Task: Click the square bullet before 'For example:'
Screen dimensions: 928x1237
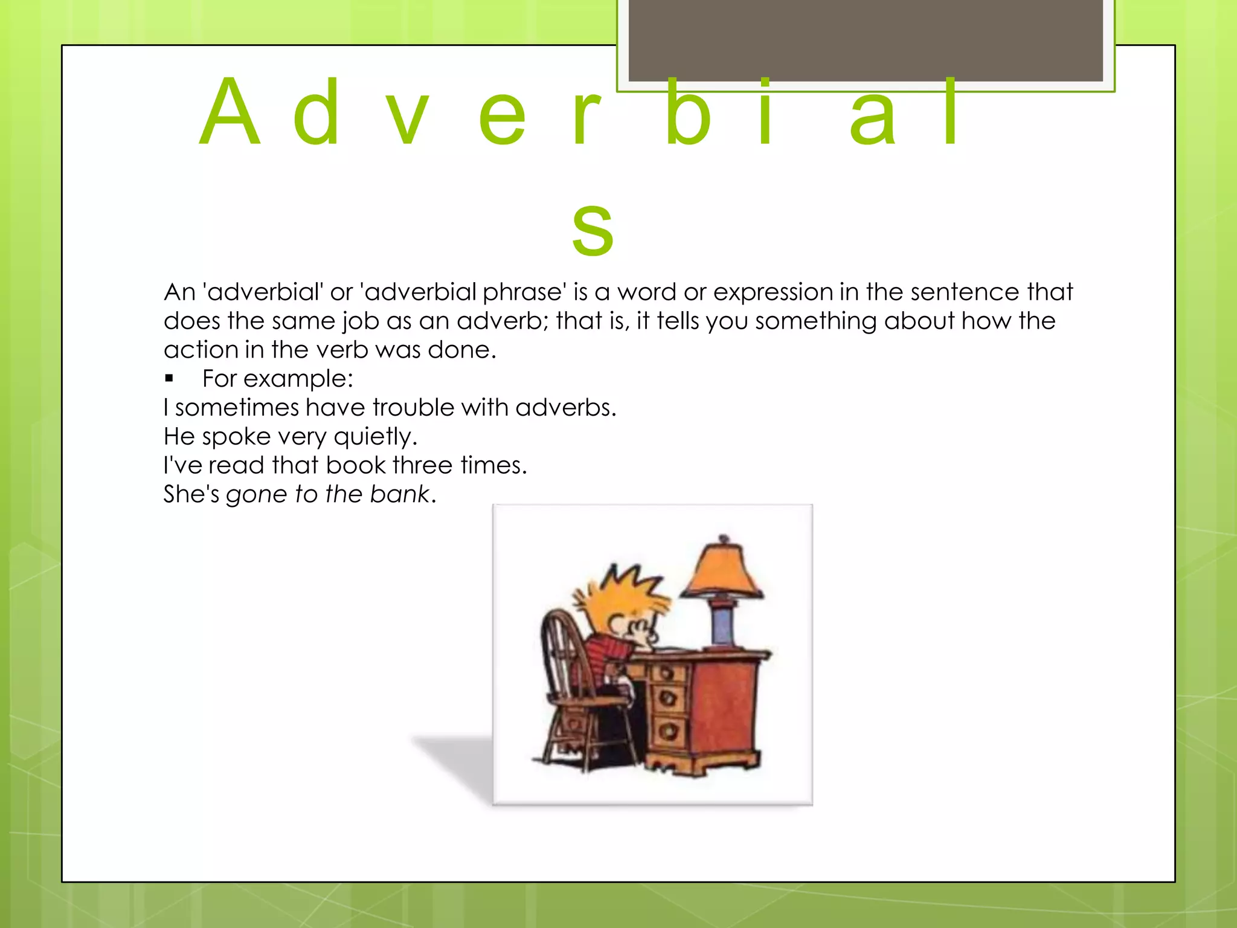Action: point(169,379)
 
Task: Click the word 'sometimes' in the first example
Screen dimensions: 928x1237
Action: point(236,408)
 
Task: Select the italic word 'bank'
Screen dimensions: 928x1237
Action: point(399,494)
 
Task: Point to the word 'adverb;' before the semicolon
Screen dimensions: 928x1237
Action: point(502,321)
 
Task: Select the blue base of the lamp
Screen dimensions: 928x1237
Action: point(722,625)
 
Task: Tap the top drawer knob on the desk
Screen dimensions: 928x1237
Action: point(667,673)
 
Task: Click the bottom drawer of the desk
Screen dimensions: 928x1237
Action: point(669,732)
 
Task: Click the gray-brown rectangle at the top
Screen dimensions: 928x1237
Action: point(866,39)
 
